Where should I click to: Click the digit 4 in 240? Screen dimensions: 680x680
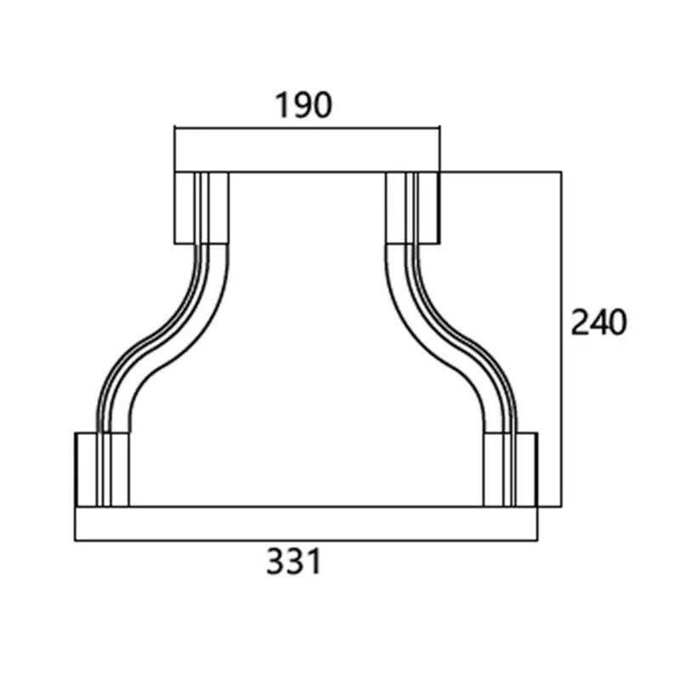tap(598, 323)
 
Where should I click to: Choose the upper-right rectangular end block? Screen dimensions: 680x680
tap(430, 208)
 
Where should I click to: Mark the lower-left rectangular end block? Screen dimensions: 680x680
tap(88, 469)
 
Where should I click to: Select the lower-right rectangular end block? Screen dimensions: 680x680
tap(527, 469)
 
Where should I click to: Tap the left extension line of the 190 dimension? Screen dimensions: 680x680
tap(174, 149)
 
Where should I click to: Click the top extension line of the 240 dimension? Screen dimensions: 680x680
tap(501, 173)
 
